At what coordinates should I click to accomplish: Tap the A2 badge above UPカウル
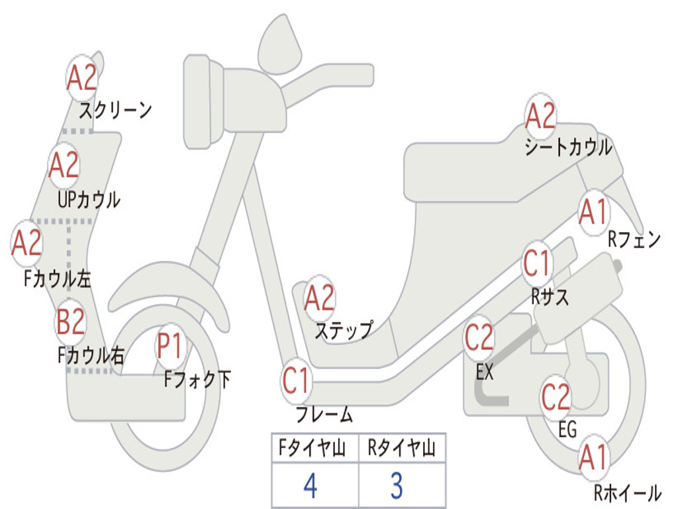point(64,166)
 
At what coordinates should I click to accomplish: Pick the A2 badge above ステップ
point(319,299)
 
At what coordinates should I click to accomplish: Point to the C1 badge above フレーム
point(296,381)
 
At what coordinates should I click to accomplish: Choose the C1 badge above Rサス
point(537,264)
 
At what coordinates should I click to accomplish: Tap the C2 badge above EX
point(479,339)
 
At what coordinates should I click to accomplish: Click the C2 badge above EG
point(556,396)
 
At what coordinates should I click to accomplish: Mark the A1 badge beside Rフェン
point(593,213)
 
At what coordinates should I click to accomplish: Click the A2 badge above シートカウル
point(540,117)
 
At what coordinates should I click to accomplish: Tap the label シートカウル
point(568,148)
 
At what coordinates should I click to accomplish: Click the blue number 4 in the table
point(310,486)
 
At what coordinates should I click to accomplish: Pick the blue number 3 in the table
point(396,486)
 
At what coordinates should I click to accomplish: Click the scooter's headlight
point(201,103)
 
